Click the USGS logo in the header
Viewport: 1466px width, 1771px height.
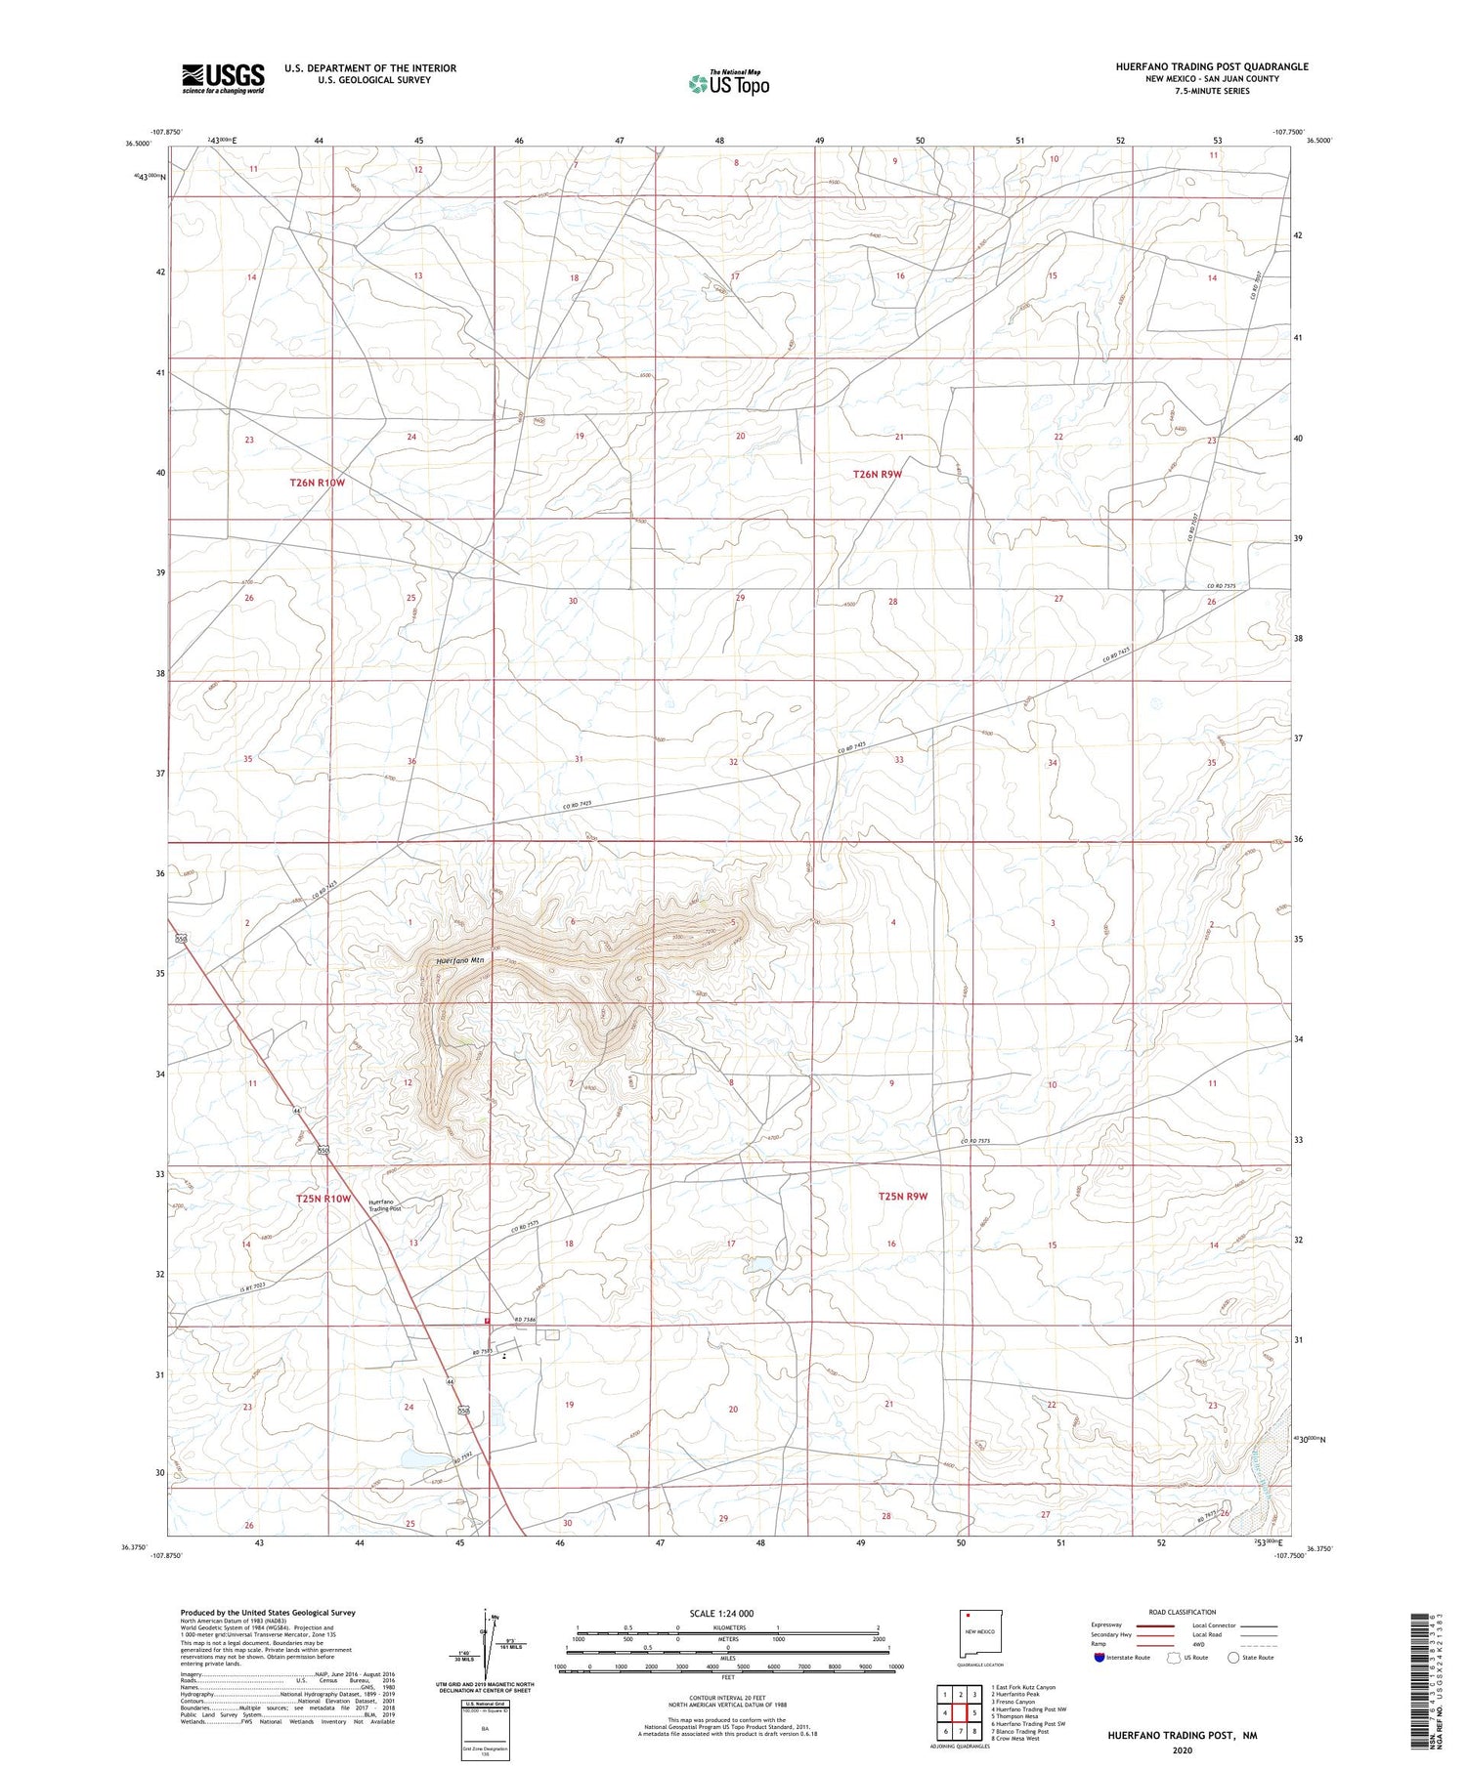[x=223, y=79]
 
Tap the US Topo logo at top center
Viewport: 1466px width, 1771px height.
[x=729, y=84]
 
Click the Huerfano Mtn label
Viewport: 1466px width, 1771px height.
[x=460, y=960]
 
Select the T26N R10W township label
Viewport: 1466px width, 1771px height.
[x=318, y=483]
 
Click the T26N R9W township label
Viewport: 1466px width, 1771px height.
[x=877, y=474]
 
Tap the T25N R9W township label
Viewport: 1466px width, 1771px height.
[x=902, y=1196]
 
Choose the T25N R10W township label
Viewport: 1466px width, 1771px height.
[x=323, y=1199]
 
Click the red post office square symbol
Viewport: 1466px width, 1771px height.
[x=488, y=1322]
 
